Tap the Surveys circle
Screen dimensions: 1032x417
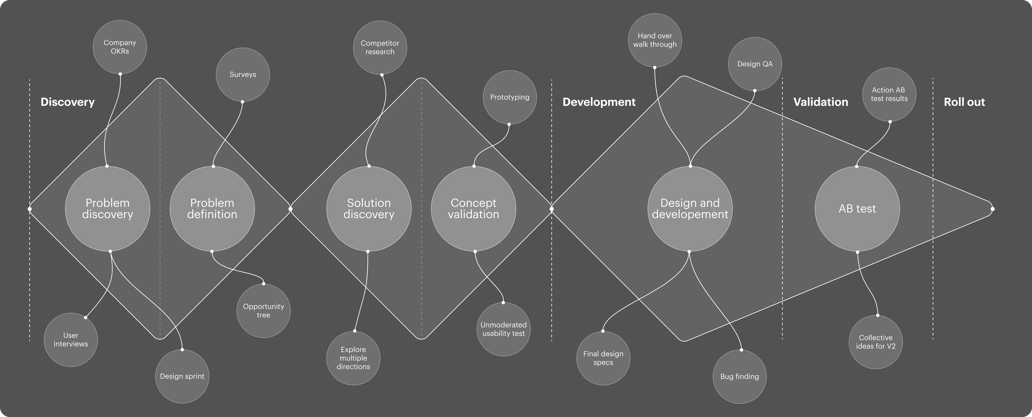pos(243,75)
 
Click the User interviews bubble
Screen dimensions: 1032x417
pos(71,340)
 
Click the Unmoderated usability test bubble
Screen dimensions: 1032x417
pos(504,329)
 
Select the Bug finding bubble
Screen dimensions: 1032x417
pos(739,376)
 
